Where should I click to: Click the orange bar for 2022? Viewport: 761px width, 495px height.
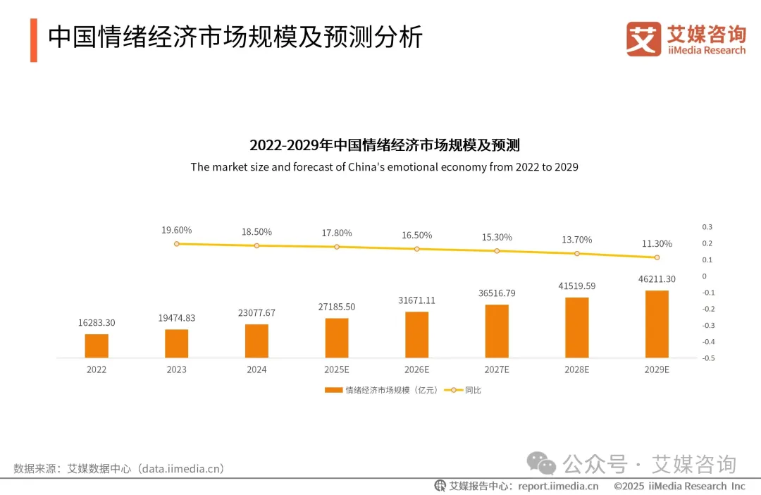pos(97,346)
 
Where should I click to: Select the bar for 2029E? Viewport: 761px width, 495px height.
pos(657,324)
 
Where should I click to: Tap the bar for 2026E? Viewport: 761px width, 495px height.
pos(416,334)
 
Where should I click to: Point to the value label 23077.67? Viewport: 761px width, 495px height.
pos(256,312)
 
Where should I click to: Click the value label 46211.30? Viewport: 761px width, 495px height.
pos(656,279)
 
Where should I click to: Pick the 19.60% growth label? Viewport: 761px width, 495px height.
pos(176,231)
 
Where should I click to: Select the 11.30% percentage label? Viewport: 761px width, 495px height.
pos(657,244)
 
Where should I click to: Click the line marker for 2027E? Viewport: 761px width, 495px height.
pos(497,251)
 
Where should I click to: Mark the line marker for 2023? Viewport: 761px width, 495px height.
pos(176,244)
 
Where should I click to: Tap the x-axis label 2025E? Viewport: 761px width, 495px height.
pos(337,369)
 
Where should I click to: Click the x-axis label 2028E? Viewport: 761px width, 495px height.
pos(576,369)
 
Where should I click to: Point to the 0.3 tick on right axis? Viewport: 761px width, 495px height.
pos(707,227)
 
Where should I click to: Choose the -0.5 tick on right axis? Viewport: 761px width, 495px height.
pos(708,358)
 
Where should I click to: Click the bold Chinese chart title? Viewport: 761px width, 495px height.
pos(384,146)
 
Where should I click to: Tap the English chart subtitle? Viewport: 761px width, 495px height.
pos(384,167)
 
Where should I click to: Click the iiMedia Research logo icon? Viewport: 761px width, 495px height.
pos(643,39)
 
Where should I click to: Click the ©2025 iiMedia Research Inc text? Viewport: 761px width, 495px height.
pos(679,486)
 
